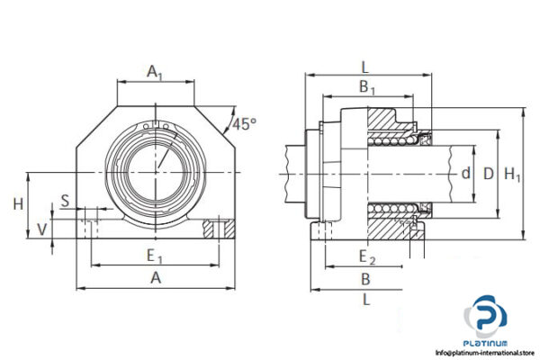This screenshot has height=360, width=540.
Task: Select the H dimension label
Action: point(18,204)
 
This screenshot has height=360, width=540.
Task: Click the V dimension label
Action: point(42,229)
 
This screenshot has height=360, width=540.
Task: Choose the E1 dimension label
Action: point(156,256)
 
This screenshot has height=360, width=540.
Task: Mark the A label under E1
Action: point(156,278)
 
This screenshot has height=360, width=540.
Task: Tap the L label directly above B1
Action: point(364,67)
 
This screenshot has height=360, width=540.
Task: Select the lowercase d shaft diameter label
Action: point(465,174)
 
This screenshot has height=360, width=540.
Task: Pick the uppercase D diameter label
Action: point(489,174)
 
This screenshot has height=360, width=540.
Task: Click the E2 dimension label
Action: point(365,256)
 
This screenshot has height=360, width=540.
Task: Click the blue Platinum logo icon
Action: point(487,318)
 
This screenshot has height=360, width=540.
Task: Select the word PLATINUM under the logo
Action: point(486,343)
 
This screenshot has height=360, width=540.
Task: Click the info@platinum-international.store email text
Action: point(486,353)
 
